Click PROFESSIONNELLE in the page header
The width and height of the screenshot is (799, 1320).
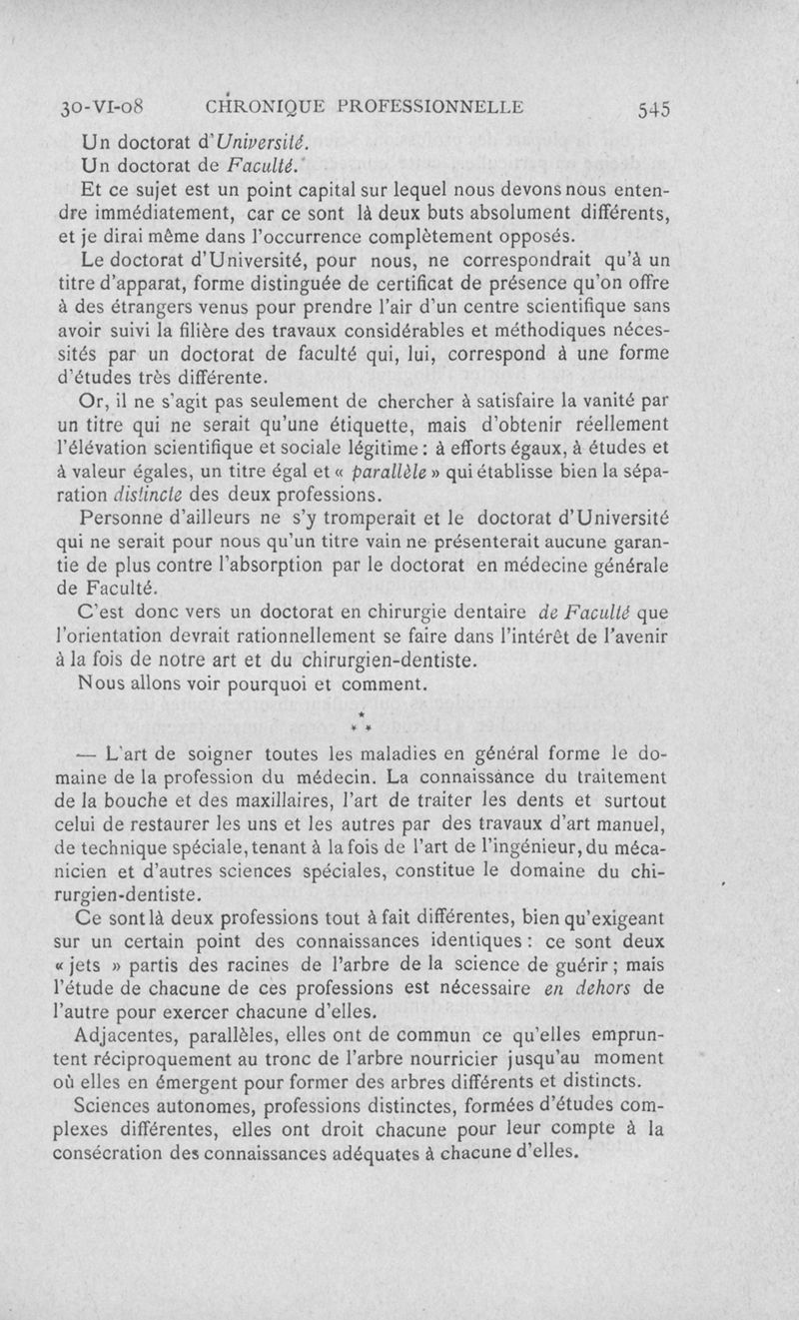point(430,106)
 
